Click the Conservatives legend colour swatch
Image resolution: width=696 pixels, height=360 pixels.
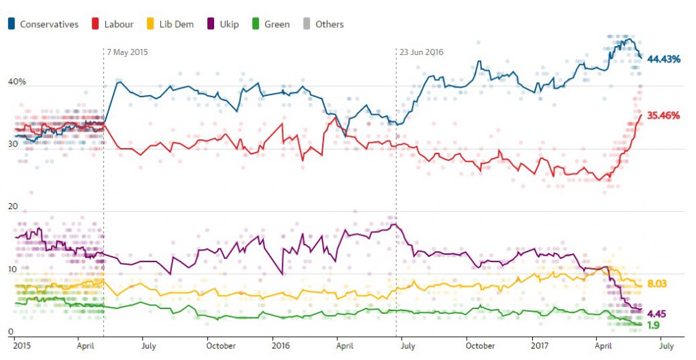coord(12,24)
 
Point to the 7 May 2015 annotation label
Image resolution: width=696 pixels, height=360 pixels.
coord(127,52)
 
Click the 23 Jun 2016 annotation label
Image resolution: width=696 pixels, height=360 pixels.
coord(421,52)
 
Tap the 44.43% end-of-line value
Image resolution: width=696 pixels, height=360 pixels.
coord(664,59)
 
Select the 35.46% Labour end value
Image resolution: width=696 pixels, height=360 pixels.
coord(663,115)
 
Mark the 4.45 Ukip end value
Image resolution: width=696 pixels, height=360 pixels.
coord(656,313)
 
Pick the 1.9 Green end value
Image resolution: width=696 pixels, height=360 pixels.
coord(652,325)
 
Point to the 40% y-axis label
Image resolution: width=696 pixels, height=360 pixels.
coord(16,82)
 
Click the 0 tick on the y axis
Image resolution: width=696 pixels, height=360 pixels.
coord(11,331)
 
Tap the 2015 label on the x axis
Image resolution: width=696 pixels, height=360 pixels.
coord(23,346)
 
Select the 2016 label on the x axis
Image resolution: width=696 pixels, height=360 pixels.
coord(281,346)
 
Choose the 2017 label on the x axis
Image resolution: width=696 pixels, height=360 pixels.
coord(541,346)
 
